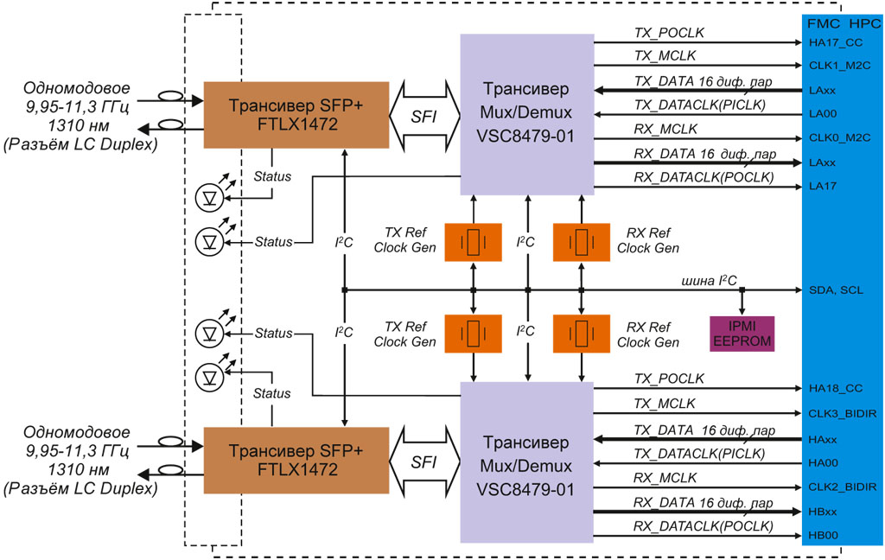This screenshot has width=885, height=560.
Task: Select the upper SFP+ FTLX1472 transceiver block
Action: coord(271,115)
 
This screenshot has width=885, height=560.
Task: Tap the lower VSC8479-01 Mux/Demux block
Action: coord(526,464)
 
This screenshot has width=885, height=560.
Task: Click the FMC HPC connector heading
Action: coord(842,22)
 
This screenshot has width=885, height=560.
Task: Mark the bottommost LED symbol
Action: coord(208,375)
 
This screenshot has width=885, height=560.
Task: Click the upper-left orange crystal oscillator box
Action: coord(473,241)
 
